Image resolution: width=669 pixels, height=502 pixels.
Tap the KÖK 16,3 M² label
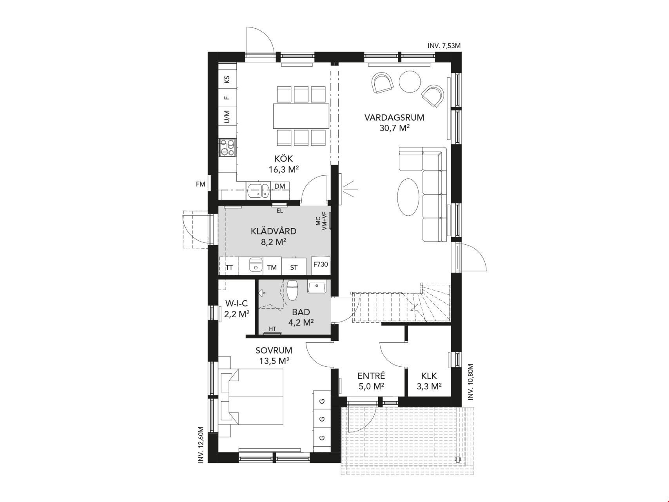[x=284, y=164]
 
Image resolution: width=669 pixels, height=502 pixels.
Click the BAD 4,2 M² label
[x=301, y=317]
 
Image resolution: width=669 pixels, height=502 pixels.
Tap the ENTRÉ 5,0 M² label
[x=371, y=381]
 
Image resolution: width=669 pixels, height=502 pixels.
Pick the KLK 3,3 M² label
[x=429, y=381]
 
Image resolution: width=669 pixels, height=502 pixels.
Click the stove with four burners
[x=227, y=148]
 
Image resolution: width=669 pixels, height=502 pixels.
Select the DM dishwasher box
[x=279, y=186]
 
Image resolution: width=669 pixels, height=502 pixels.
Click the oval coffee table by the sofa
[x=409, y=196]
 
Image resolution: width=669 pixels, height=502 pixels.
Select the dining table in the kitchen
[x=301, y=116]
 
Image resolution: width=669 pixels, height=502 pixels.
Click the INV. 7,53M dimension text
[x=444, y=46]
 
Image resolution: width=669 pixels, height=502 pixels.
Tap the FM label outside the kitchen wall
[x=200, y=184]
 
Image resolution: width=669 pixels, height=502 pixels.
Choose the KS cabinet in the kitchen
[x=227, y=80]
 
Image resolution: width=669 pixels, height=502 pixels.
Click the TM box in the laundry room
[x=272, y=267]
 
